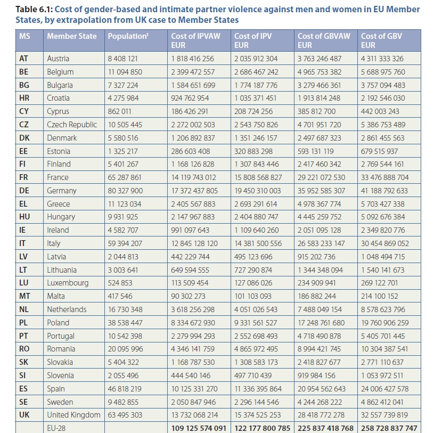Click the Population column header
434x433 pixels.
tap(128, 36)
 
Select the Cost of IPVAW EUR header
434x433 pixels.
tap(195, 40)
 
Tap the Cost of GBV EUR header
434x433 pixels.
tap(381, 40)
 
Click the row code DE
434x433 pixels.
tap(24, 191)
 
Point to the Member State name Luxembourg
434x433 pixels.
tap(68, 283)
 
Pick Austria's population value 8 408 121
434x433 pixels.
tap(122, 59)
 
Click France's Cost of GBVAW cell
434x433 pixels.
tap(321, 177)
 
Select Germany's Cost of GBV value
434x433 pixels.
tap(384, 191)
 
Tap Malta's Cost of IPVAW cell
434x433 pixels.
tap(188, 296)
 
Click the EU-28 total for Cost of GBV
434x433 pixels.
tap(389, 428)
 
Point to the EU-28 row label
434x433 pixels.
tap(56, 428)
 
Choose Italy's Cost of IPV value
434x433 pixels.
tap(258, 243)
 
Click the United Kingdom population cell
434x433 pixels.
tap(125, 415)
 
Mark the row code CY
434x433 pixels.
tap(24, 111)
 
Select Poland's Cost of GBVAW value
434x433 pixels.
tap(321, 323)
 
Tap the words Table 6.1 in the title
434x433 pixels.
tap(34, 10)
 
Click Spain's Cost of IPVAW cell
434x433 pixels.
tap(194, 389)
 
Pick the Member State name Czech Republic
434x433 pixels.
tap(72, 125)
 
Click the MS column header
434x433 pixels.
tap(24, 36)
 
